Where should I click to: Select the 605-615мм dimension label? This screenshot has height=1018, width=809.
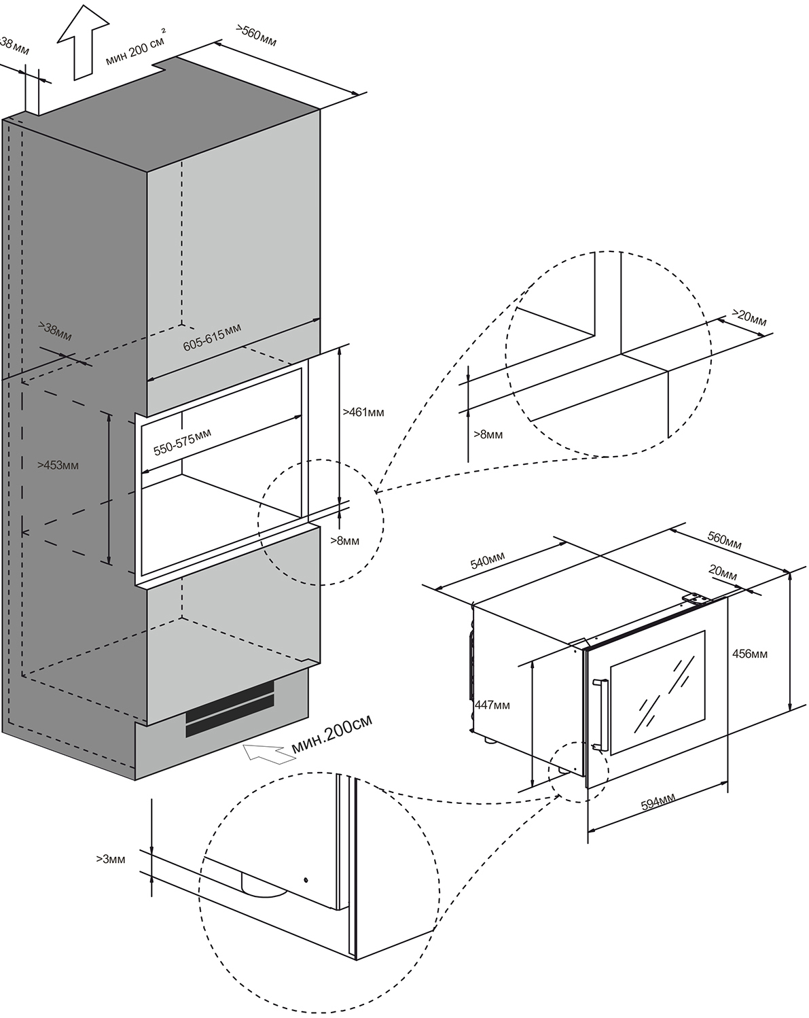211,336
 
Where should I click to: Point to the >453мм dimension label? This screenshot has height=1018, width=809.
58,465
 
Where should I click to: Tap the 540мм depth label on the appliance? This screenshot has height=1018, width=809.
488,560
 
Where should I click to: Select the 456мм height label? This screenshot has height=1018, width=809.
750,654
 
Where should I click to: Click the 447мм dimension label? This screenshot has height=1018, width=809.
492,705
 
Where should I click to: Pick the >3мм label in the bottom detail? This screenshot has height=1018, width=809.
111,859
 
